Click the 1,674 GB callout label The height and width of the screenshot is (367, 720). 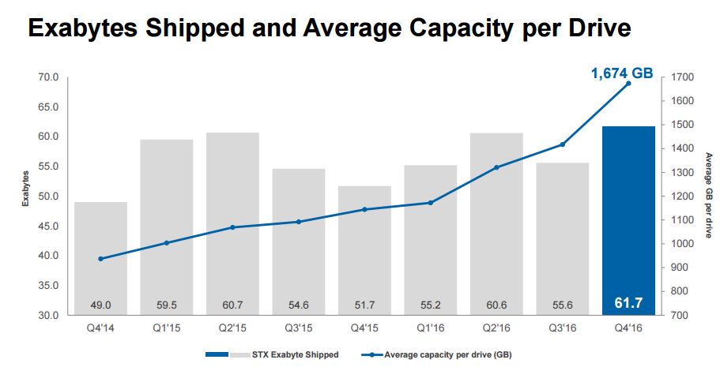pyautogui.click(x=622, y=73)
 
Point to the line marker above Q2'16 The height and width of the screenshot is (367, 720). pyautogui.click(x=496, y=167)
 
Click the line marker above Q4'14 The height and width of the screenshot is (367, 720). pyautogui.click(x=100, y=259)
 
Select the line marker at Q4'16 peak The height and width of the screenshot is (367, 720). pyautogui.click(x=628, y=83)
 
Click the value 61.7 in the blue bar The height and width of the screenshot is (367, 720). pyautogui.click(x=628, y=303)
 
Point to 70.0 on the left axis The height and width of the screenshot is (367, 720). pyautogui.click(x=47, y=77)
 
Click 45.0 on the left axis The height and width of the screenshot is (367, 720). pyautogui.click(x=47, y=226)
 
